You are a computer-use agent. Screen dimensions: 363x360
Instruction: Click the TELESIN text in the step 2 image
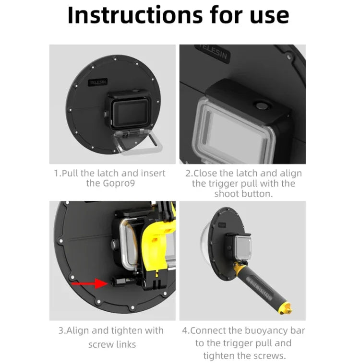pyautogui.click(x=214, y=51)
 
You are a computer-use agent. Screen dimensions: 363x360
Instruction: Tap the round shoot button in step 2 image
pyautogui.click(x=262, y=106)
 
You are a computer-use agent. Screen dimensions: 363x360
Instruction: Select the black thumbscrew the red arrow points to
pyautogui.click(x=118, y=283)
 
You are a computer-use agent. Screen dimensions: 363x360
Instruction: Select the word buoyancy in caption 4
pyautogui.click(x=270, y=331)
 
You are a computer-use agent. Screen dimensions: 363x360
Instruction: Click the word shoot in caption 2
pyautogui.click(x=230, y=194)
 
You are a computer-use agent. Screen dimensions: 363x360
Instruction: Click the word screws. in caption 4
pyautogui.click(x=272, y=355)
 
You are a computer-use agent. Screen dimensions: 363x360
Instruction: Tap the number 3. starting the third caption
pyautogui.click(x=62, y=331)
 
